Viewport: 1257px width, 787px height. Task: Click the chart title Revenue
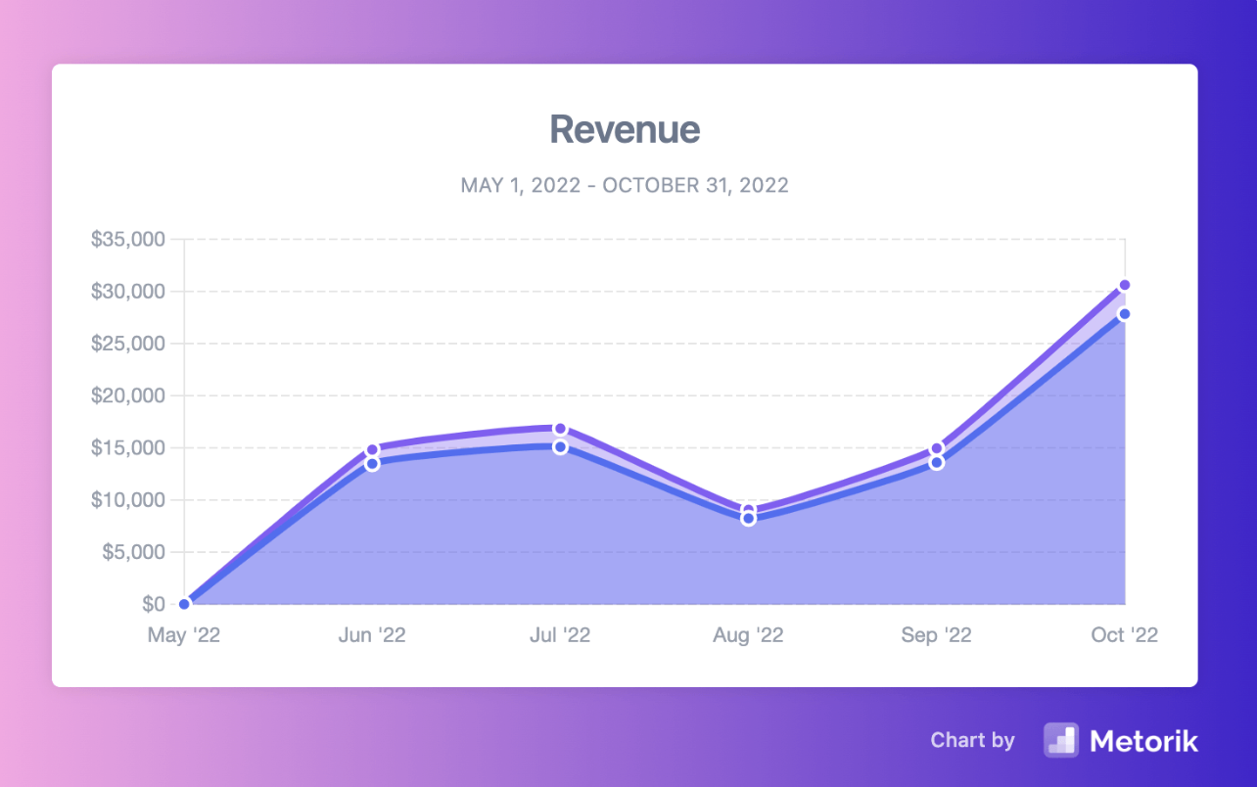tap(625, 129)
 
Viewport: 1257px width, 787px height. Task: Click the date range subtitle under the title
tap(625, 185)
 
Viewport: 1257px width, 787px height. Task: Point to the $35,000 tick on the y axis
tap(129, 240)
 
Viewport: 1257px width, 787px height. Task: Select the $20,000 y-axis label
tap(129, 395)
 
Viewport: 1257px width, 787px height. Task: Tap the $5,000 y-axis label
tap(134, 552)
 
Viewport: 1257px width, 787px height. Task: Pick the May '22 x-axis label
tap(184, 635)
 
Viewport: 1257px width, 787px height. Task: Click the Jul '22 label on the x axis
tap(560, 635)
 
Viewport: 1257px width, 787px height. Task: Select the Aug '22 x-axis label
tap(748, 635)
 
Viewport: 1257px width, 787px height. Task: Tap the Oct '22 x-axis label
tap(1124, 635)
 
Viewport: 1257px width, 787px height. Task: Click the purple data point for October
tap(1125, 285)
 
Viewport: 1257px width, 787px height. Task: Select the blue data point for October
tap(1125, 314)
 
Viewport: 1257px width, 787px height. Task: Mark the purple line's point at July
tap(560, 429)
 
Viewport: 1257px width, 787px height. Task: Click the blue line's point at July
tap(560, 446)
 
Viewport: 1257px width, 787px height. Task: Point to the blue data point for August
tap(748, 519)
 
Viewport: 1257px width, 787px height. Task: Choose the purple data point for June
tap(372, 450)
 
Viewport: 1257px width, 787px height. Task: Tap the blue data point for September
tap(937, 462)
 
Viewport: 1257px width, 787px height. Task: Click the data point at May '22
tap(184, 604)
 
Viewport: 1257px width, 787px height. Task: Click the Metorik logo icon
tap(1060, 740)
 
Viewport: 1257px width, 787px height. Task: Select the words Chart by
tap(972, 740)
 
